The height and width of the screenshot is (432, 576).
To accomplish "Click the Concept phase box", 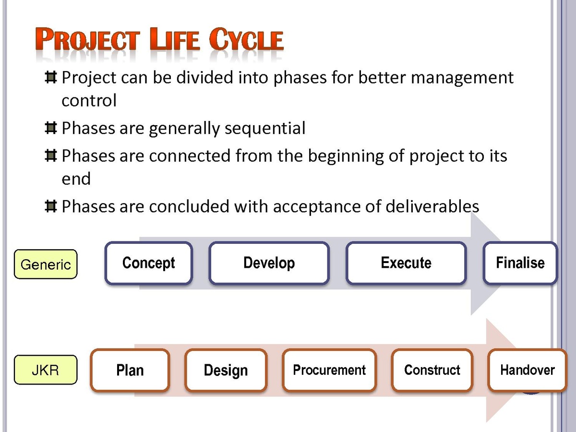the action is (x=149, y=263).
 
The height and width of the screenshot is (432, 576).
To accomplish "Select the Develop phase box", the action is (x=269, y=263).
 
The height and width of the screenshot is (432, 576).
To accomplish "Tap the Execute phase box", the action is (x=406, y=263).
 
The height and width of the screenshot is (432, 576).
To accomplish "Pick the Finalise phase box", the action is (x=520, y=263).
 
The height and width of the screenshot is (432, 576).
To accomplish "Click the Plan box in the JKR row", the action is (x=130, y=371).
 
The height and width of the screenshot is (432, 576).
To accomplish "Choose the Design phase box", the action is (x=226, y=371).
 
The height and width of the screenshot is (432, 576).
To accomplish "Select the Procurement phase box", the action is (x=329, y=371).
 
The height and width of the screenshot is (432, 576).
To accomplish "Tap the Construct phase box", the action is (x=432, y=371).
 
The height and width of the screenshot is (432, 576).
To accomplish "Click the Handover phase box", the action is (x=528, y=371).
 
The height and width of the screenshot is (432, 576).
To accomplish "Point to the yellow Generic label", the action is (x=46, y=264).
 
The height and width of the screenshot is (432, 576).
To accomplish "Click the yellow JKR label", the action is (x=46, y=370).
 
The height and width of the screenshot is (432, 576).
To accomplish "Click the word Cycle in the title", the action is (x=246, y=39).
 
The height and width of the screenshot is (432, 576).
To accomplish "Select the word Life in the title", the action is (x=175, y=39).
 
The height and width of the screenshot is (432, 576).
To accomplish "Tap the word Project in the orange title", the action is (x=87, y=39).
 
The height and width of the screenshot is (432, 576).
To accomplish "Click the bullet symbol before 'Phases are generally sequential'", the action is (x=51, y=128).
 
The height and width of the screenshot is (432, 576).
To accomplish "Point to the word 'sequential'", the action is (x=265, y=129).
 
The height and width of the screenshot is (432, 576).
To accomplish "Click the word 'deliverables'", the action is (x=432, y=206).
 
